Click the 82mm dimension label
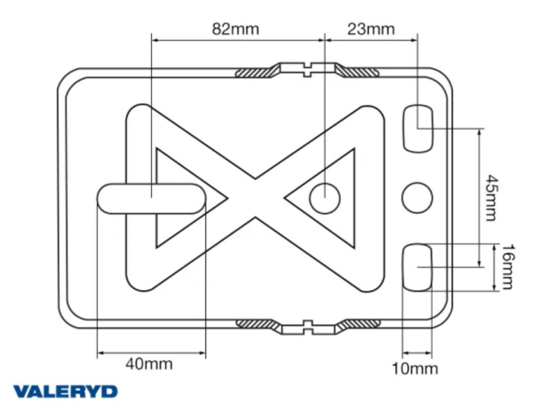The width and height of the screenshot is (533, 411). [235, 28]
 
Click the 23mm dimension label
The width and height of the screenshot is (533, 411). [370, 28]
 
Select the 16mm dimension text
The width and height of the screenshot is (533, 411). [505, 266]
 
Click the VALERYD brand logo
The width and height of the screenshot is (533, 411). [65, 391]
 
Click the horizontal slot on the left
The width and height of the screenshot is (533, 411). [151, 197]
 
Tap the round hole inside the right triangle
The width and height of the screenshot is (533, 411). [325, 197]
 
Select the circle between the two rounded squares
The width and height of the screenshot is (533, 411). [418, 197]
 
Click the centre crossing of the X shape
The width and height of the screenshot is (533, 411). [258, 197]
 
